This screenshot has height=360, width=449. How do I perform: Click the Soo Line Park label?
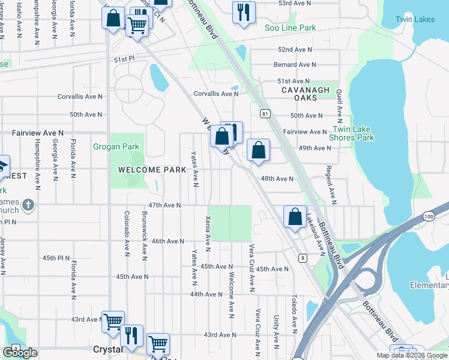point(291,28)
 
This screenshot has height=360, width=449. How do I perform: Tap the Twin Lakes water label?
point(415,19)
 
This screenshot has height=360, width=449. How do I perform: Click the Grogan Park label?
point(116,146)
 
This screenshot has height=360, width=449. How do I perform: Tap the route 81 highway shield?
point(264,113)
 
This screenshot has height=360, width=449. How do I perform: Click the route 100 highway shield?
point(428,216)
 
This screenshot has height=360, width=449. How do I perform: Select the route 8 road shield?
point(301,258)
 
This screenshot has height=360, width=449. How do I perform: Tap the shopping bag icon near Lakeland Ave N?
point(295,217)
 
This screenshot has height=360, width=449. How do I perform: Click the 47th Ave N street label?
point(164,205)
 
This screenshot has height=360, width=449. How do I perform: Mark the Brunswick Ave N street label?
point(145,235)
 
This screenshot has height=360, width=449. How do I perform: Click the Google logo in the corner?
point(20,353)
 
